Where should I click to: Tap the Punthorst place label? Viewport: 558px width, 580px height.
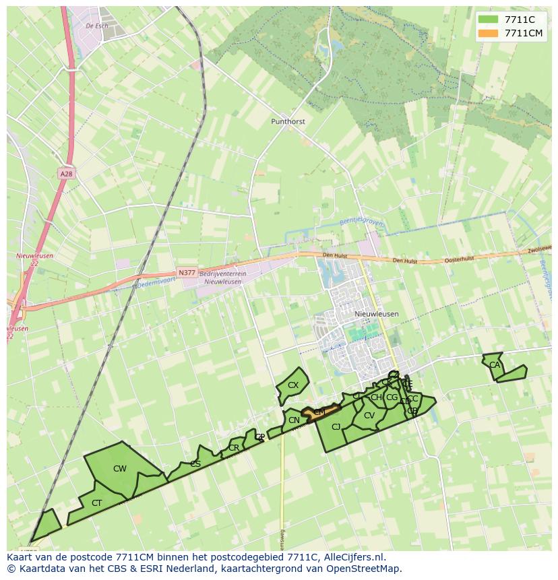[288, 122]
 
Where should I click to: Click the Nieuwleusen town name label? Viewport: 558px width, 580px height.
[376, 314]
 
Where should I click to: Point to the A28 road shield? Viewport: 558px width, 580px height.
[65, 174]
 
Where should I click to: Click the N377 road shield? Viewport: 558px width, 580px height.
[187, 273]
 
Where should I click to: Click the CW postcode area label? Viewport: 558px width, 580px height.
[119, 469]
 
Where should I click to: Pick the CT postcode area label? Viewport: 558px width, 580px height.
[97, 503]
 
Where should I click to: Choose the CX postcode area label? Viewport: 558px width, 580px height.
[292, 385]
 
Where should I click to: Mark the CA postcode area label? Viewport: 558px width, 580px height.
[495, 365]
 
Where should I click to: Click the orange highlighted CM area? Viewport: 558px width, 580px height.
[319, 412]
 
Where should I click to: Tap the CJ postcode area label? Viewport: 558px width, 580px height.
[336, 426]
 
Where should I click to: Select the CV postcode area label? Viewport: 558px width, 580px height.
[369, 416]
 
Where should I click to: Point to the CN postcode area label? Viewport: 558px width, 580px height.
[294, 420]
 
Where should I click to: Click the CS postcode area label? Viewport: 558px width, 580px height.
[195, 463]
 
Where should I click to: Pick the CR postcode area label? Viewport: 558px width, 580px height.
[233, 448]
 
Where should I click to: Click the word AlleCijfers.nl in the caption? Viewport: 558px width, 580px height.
[353, 557]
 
